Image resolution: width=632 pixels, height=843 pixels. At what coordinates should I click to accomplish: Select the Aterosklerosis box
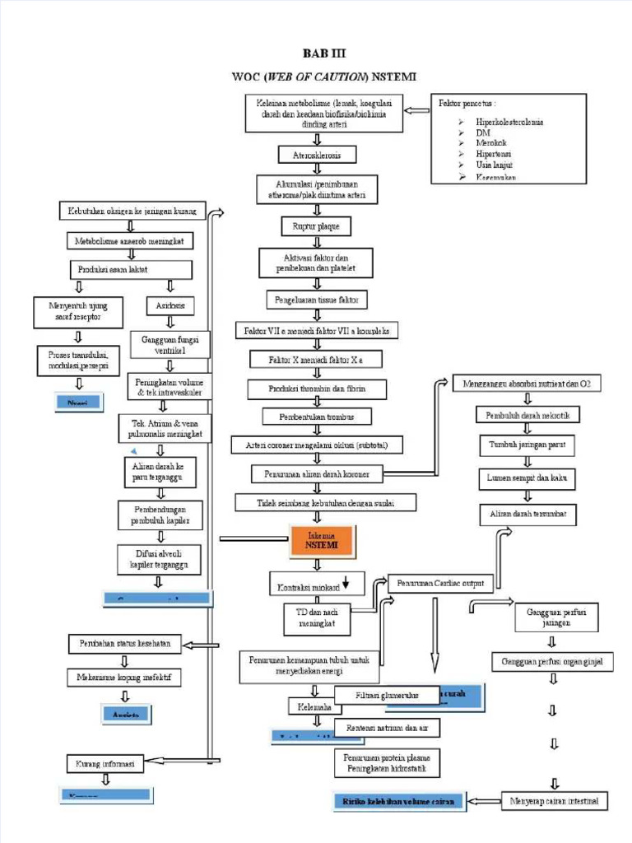[x=317, y=155]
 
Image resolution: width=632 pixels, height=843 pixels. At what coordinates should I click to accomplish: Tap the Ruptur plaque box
[x=316, y=225]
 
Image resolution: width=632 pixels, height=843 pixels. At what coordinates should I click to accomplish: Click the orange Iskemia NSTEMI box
[x=322, y=540]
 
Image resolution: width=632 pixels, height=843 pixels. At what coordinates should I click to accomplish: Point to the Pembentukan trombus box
[x=317, y=417]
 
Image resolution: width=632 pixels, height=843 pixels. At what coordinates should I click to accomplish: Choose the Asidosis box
[x=170, y=306]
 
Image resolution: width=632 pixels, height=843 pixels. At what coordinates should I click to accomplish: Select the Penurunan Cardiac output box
[x=440, y=584]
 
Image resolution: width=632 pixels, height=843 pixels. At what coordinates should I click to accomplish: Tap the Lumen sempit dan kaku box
[x=527, y=477]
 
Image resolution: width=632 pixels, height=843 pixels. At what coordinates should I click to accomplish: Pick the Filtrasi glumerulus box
[x=387, y=696]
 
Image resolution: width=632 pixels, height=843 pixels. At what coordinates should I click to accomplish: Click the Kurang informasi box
[x=105, y=762]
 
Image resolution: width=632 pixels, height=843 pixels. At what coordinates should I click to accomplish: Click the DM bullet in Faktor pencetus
[x=483, y=133]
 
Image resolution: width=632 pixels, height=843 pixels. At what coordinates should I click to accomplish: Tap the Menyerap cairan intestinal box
[x=554, y=800]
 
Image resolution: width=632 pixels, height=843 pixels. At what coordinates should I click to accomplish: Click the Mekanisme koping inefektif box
[x=123, y=678]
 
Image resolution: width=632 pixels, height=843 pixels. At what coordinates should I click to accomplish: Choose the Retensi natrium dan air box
[x=387, y=728]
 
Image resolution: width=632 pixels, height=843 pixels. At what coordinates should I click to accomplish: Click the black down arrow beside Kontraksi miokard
[x=346, y=583]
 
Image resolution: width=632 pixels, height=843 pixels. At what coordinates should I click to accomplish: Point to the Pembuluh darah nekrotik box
[x=527, y=416]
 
